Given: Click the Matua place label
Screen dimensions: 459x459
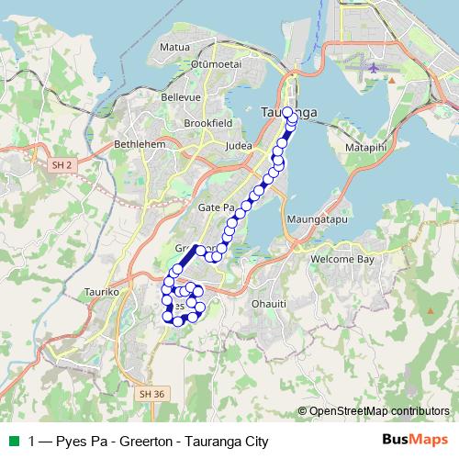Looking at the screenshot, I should pos(174,45).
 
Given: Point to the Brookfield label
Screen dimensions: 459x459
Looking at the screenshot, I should pos(207,122).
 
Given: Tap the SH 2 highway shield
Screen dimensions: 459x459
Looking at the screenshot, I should pos(62,164).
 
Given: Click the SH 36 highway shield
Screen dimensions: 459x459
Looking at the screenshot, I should pos(152,394).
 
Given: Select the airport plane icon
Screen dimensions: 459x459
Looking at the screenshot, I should pos(373,68).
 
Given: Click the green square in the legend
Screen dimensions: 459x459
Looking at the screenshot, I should pos(12,441).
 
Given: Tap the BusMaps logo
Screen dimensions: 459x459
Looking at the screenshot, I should pos(414,440).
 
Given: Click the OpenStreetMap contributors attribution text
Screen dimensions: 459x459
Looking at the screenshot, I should pos(379,411).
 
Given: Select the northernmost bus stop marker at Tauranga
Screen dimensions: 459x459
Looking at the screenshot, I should pos(287,112).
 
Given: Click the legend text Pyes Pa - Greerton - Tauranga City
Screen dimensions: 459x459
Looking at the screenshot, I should pos(148,441).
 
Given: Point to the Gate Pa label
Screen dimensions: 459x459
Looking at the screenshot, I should pos(211,209).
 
